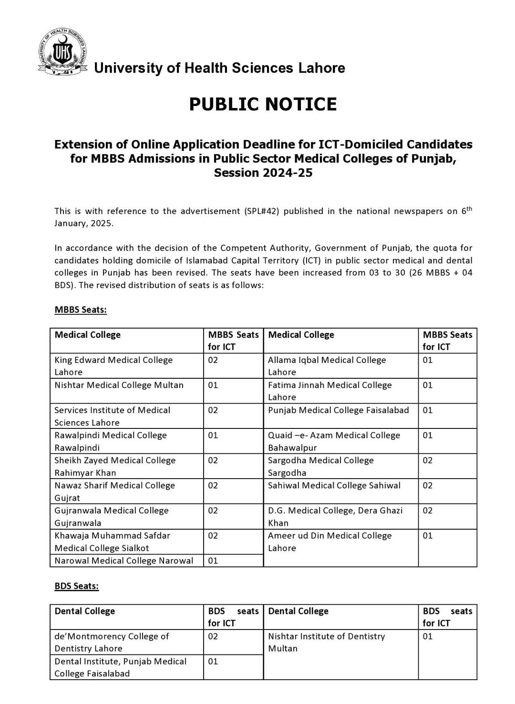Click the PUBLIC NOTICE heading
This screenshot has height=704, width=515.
[x=263, y=104]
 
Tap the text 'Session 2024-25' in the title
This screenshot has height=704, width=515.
[x=263, y=172]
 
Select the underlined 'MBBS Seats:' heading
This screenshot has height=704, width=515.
[x=81, y=309]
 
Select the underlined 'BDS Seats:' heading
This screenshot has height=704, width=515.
[x=76, y=586]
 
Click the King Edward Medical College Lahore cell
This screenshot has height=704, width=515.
[x=113, y=366]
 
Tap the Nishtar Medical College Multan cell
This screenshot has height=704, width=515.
[x=119, y=385]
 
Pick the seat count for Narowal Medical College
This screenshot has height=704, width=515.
[x=213, y=561]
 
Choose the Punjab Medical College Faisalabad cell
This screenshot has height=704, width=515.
[x=338, y=410]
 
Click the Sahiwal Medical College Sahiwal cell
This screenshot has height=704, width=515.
[x=334, y=485]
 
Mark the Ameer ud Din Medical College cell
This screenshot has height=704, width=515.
[x=330, y=542]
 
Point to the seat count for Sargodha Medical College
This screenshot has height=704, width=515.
[x=428, y=460]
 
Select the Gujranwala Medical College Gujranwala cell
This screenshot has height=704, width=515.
[x=112, y=516]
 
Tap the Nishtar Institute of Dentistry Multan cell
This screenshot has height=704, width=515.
[x=326, y=642]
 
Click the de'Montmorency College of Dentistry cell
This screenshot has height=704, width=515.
[x=112, y=642]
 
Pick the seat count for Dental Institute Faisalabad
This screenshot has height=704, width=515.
[x=213, y=661]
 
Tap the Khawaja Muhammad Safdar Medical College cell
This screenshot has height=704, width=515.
[x=112, y=542]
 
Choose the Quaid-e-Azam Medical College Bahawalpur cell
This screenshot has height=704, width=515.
[x=334, y=441]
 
